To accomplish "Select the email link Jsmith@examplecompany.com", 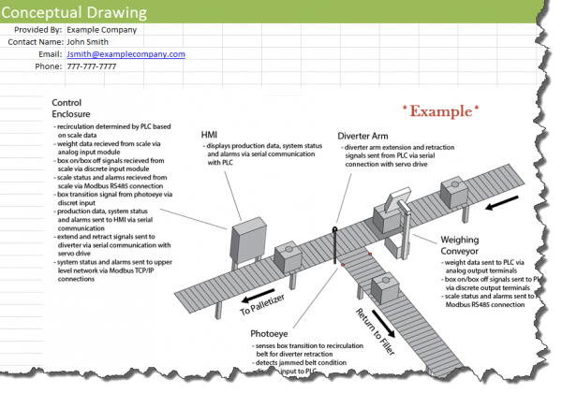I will click(x=126, y=54).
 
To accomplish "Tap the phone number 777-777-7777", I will click(x=91, y=66).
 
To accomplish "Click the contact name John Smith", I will click(x=88, y=42).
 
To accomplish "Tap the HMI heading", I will click(x=211, y=135).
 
